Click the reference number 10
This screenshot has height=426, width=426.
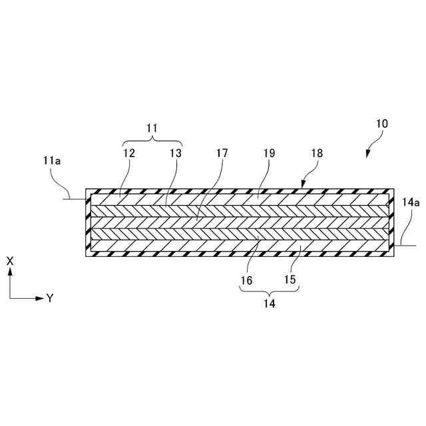point(382,124)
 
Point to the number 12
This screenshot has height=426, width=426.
point(128,153)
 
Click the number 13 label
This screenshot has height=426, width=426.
point(174,153)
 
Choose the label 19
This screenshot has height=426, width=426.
point(268,153)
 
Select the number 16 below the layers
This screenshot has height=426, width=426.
point(246,281)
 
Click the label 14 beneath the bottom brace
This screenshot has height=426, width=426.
point(269,304)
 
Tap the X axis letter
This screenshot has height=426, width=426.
point(10,262)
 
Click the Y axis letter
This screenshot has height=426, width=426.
point(50,298)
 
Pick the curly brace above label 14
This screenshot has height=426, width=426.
point(269,290)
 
